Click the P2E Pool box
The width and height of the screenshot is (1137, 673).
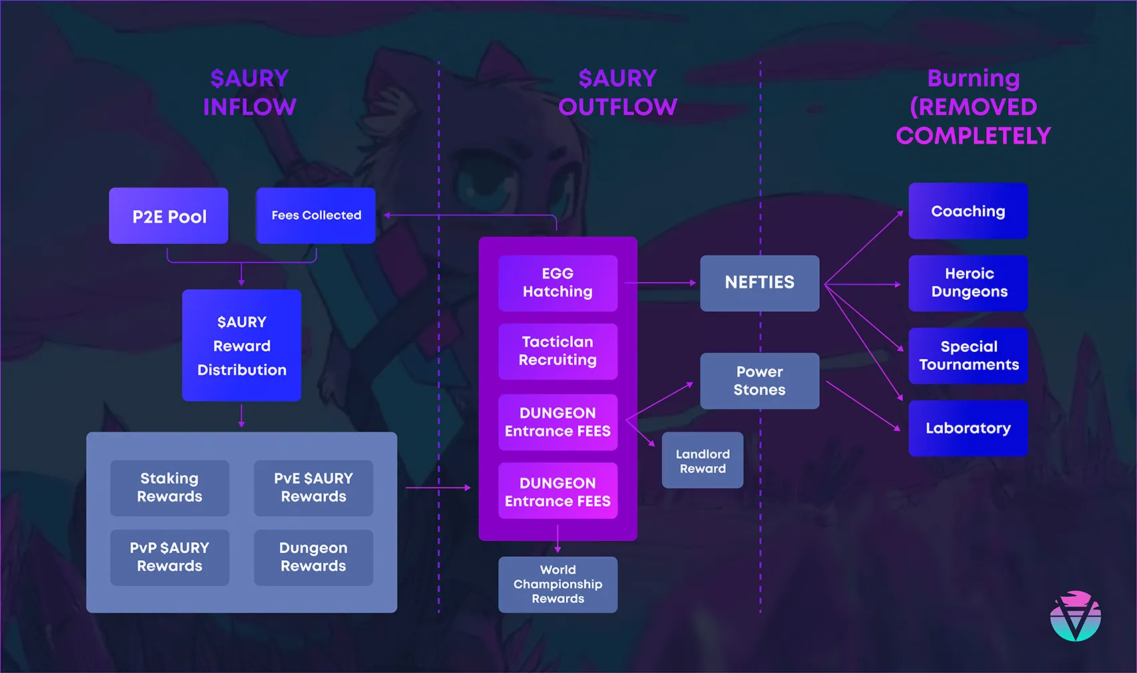[169, 216]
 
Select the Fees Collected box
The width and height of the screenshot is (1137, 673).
[316, 216]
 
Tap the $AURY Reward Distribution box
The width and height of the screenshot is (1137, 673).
[242, 345]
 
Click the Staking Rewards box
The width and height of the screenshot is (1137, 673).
[170, 487]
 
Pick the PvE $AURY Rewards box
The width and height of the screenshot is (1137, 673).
[313, 487]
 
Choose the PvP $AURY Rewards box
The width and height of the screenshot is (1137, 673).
[170, 557]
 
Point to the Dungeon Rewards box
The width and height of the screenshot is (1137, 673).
[313, 557]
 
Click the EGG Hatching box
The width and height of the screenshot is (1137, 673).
[557, 282]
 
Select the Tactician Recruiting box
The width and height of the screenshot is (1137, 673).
[557, 351]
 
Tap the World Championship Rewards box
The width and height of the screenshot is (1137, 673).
[557, 584]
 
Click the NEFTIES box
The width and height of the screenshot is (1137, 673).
[759, 282]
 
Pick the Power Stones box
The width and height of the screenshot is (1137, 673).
[759, 381]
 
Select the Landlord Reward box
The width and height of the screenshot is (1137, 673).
[702, 461]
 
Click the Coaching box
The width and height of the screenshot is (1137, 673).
[967, 211]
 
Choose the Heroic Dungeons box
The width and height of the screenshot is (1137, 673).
[967, 282]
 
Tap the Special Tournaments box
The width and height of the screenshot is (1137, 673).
[967, 355]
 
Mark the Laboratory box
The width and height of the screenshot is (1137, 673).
[967, 428]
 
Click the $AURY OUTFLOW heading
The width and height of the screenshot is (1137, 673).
[618, 92]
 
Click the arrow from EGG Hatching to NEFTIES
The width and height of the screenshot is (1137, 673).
[660, 282]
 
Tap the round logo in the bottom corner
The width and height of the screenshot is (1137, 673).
[1075, 616]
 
